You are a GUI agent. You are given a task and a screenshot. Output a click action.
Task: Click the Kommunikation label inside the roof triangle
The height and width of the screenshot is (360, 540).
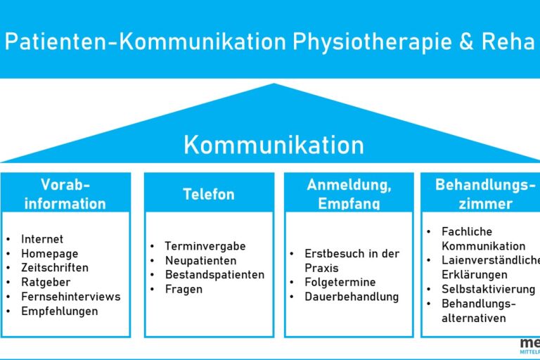(274, 145)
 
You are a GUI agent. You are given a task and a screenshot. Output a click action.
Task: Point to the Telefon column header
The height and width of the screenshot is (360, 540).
(209, 194)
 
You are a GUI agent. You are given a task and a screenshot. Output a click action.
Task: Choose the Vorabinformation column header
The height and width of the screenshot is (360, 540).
(65, 194)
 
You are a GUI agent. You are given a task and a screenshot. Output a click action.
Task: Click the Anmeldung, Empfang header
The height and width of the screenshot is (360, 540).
(349, 194)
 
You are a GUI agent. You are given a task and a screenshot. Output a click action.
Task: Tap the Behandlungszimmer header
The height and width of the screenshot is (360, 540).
(481, 194)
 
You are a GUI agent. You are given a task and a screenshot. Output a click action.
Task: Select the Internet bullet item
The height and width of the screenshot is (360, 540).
(42, 240)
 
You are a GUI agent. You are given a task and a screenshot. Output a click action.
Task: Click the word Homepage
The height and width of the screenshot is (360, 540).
(49, 254)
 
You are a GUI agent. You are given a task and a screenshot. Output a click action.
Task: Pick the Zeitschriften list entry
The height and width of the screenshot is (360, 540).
(56, 268)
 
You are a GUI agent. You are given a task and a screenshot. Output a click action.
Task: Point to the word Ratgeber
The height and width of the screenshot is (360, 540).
(46, 282)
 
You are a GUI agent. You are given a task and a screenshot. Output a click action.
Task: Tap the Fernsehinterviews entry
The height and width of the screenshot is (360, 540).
(70, 297)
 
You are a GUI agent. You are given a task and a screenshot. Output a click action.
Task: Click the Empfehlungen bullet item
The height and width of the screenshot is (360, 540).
(60, 311)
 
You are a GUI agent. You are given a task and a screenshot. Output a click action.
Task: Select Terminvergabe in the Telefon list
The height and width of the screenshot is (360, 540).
(205, 246)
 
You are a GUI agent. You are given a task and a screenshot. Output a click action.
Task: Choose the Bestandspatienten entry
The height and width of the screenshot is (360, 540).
(214, 274)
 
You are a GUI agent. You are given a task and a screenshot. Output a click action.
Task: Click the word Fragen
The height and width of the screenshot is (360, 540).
(184, 289)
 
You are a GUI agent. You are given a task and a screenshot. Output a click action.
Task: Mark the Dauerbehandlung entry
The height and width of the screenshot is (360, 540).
(352, 297)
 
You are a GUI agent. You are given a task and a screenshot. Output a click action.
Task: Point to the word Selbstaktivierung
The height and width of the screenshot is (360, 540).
(488, 289)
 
